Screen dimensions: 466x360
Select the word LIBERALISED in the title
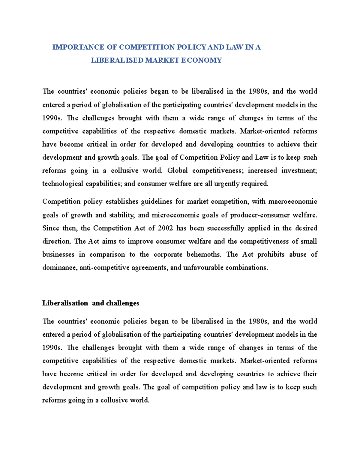point(117,60)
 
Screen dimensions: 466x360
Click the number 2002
point(165,228)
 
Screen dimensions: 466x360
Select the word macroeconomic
point(292,202)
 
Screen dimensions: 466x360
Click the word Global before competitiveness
point(177,171)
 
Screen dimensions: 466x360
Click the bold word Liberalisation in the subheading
point(65,303)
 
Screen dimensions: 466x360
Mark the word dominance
point(59,268)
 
